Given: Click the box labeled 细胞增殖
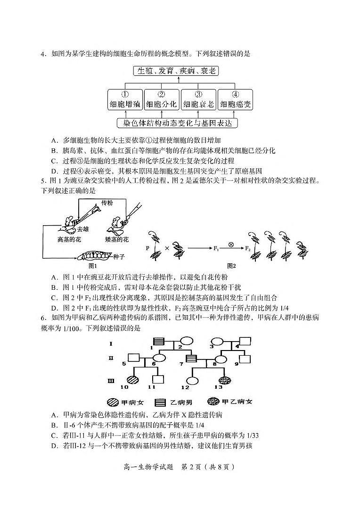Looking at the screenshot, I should (x=125, y=99).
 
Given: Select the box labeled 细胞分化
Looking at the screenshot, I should (x=162, y=99).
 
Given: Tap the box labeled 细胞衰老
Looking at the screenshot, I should (x=198, y=99).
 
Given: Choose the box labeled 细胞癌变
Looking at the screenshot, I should (x=235, y=99).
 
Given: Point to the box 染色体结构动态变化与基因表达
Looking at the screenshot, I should (x=178, y=123).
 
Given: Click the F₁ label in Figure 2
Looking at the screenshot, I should (x=217, y=247).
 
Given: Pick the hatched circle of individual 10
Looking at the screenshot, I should (x=132, y=378).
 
